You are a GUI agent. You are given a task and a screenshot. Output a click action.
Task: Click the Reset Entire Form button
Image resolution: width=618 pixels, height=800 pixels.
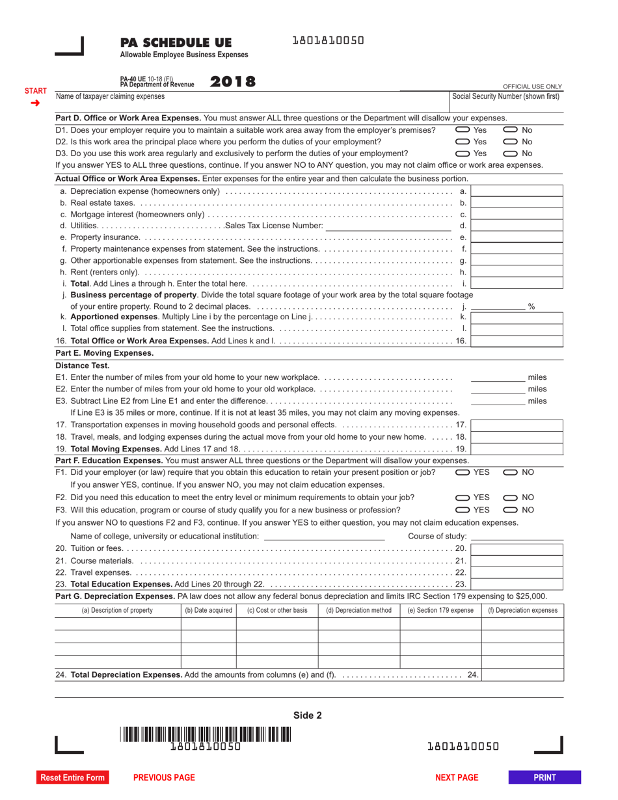point(72,777)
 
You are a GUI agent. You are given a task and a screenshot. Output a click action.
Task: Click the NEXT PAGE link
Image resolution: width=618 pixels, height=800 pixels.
point(456,777)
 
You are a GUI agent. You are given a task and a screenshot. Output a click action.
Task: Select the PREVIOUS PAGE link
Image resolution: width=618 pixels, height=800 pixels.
point(164,777)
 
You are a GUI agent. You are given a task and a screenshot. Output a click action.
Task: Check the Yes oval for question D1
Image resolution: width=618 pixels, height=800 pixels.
point(463,130)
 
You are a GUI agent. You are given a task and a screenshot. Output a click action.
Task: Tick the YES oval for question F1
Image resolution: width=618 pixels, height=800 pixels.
point(463,472)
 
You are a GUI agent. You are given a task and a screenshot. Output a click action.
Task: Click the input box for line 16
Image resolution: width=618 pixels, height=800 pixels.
point(517,341)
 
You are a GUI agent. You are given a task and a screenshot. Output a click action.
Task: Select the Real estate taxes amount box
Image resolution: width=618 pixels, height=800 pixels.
point(517,203)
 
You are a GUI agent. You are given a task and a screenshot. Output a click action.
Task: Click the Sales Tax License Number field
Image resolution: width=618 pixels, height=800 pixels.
point(388,226)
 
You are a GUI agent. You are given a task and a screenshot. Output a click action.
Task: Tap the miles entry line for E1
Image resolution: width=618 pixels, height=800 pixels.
point(498,377)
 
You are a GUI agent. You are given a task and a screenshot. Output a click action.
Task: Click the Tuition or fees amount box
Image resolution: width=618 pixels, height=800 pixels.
point(517,549)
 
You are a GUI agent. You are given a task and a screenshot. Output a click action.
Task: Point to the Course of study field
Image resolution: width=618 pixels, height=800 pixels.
point(517,536)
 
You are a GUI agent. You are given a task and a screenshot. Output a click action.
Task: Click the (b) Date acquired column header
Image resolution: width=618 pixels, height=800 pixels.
point(208,610)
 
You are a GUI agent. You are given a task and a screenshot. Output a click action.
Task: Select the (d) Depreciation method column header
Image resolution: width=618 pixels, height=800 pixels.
point(358,610)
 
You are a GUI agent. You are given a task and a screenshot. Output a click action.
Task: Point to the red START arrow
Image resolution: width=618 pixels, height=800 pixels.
point(35,103)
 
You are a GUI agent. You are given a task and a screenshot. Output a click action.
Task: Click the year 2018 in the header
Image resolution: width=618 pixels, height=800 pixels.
point(232,81)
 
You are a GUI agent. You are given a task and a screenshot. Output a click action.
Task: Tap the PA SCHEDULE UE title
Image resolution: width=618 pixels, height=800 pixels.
point(176,43)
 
